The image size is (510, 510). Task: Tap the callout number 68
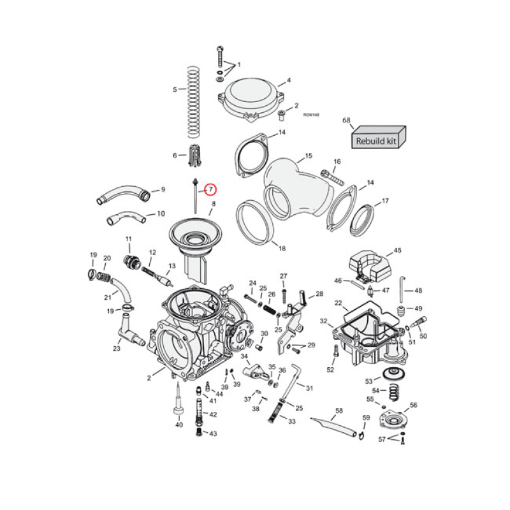[x=347, y=120]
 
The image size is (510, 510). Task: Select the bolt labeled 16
[x=330, y=174]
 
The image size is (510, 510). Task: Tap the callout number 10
[x=160, y=214]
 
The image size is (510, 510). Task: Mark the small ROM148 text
[x=310, y=115]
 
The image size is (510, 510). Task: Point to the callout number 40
[x=179, y=425]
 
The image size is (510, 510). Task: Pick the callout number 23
[x=117, y=349]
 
